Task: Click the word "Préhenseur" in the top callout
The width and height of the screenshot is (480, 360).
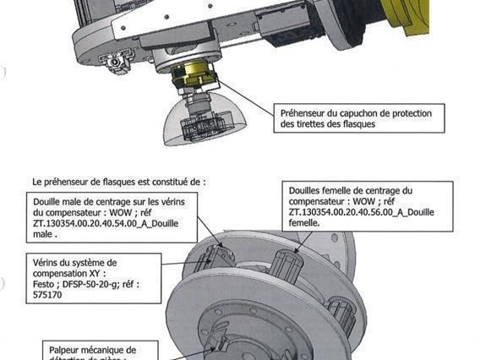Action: pyautogui.click(x=307, y=112)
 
